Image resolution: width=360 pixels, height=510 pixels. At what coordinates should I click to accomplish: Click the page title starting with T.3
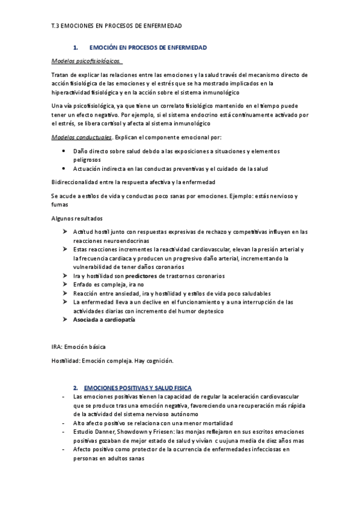[117, 27]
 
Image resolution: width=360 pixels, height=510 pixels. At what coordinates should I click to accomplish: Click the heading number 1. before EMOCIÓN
[76, 47]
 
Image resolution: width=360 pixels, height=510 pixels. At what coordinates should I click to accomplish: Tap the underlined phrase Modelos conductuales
[82, 137]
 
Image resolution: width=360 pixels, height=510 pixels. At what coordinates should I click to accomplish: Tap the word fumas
[61, 205]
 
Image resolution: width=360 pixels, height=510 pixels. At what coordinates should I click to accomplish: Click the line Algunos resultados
[78, 218]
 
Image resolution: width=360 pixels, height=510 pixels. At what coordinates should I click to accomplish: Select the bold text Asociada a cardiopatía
[104, 320]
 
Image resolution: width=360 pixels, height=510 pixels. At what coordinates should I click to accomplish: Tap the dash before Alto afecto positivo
[64, 423]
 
